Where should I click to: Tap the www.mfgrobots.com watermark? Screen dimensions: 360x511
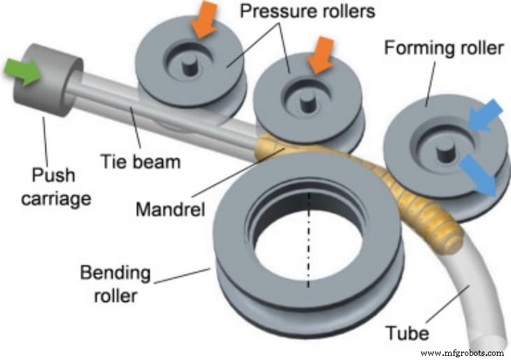point(462,352)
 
